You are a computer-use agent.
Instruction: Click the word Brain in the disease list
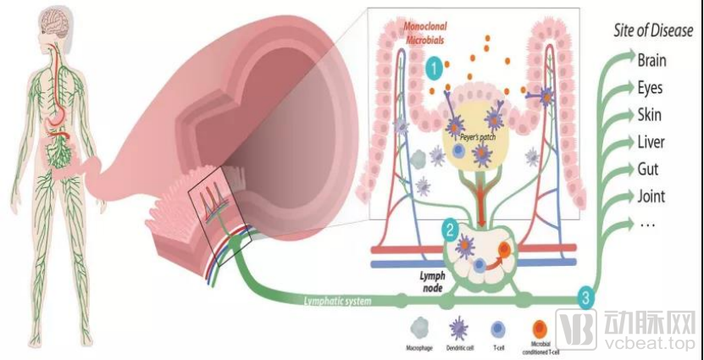[x=651, y=60]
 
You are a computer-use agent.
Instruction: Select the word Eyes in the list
[x=650, y=88]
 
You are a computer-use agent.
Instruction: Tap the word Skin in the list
[x=649, y=115]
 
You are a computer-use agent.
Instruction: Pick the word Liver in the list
[x=651, y=142]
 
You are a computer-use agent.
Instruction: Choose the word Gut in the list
[x=648, y=169]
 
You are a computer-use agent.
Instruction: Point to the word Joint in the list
[x=651, y=197]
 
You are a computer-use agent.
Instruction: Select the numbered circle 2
[x=451, y=229]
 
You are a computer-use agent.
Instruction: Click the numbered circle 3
[x=585, y=296]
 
